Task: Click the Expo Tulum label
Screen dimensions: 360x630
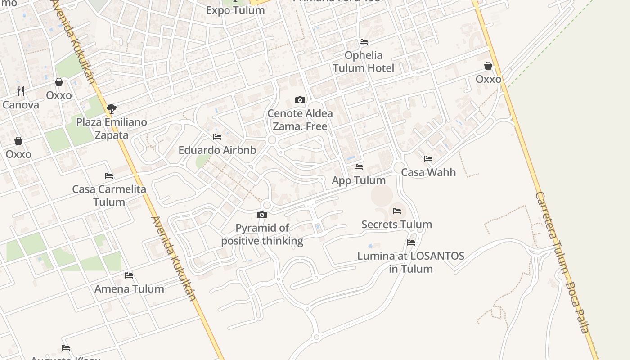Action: [x=235, y=10]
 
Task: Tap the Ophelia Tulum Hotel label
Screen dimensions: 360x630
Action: [x=363, y=62]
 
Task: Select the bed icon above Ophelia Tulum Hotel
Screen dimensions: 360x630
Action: [x=364, y=42]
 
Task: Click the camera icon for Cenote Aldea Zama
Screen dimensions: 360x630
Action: [x=300, y=100]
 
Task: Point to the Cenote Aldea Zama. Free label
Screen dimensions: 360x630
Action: [x=300, y=120]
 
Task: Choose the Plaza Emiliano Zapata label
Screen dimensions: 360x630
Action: [x=112, y=128]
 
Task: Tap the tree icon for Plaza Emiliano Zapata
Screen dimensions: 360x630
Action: [x=112, y=108]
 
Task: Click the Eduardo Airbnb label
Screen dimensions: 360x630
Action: [x=217, y=150]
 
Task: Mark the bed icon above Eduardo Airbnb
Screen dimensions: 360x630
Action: [x=217, y=137]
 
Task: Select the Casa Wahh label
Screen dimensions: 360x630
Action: [x=428, y=172]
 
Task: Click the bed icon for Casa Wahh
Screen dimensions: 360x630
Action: [x=428, y=159]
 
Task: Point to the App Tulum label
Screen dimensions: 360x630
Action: [x=359, y=180]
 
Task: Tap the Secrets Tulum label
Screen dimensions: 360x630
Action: [x=396, y=224]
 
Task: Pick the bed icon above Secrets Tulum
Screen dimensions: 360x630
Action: [x=396, y=211]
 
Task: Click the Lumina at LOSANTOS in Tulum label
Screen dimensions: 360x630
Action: [x=411, y=262]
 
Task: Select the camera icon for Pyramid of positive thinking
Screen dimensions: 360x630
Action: [x=262, y=215]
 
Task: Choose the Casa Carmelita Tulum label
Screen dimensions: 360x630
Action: [x=109, y=195]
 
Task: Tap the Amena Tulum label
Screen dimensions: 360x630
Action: [x=129, y=289]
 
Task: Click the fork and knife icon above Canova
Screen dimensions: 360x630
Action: [x=21, y=91]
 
